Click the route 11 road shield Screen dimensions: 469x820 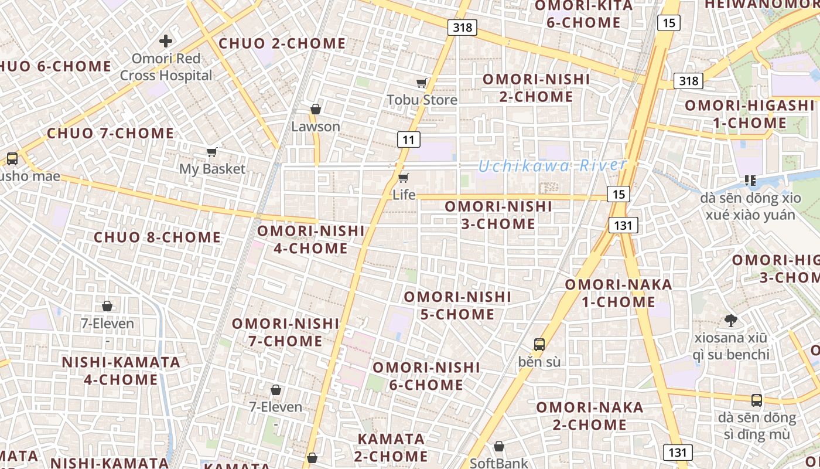click(x=408, y=140)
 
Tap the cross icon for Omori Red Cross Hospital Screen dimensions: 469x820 click(x=166, y=41)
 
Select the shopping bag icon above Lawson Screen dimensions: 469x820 click(x=315, y=109)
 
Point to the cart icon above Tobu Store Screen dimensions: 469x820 click(x=421, y=83)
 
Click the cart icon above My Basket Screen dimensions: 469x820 click(x=211, y=152)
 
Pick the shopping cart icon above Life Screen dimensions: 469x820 click(x=403, y=178)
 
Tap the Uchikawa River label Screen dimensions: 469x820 click(x=552, y=166)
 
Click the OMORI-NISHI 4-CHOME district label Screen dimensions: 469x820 click(x=310, y=240)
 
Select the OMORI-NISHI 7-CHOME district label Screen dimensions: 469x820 click(x=285, y=332)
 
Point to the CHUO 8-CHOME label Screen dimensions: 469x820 click(x=158, y=237)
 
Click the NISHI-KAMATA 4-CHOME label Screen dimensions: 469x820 click(x=121, y=371)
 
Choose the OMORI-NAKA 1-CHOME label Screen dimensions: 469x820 click(x=618, y=293)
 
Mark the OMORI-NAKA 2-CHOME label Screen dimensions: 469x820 click(x=589, y=416)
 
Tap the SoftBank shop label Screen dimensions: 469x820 click(x=499, y=463)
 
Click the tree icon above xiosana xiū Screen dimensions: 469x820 click(x=730, y=321)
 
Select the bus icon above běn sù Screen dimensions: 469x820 click(x=539, y=345)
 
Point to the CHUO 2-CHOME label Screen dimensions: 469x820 click(x=282, y=43)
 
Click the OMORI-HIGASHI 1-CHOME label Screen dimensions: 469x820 click(x=750, y=114)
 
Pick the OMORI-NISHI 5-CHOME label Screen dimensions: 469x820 click(x=457, y=305)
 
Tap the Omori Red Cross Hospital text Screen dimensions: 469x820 click(x=166, y=67)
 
